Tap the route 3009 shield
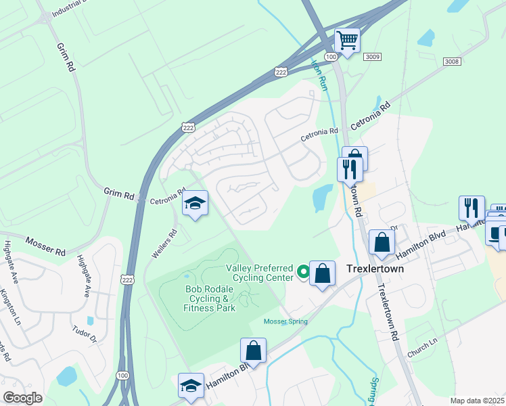[371, 58]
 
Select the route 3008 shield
[451, 62]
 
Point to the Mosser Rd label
[46, 246]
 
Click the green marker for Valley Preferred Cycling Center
[303, 272]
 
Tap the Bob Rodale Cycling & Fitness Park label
[201, 298]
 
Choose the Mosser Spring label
[285, 321]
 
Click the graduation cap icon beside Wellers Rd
[195, 203]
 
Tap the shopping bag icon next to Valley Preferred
[323, 273]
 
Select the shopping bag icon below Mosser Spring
[254, 351]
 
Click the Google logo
[23, 398]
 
